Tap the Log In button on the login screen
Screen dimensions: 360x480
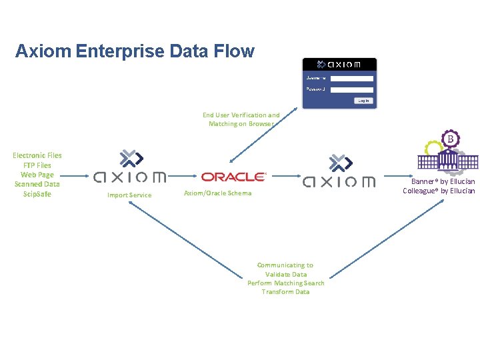click(363, 101)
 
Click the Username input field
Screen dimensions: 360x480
click(352, 78)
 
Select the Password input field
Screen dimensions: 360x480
click(352, 89)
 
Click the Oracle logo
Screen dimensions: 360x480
click(233, 177)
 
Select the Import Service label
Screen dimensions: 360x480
click(129, 195)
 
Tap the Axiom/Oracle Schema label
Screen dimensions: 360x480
click(217, 193)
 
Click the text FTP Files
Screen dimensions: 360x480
click(37, 165)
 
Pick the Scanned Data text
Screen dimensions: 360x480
click(37, 184)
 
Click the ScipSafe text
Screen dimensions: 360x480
click(37, 194)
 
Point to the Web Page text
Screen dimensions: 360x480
click(37, 175)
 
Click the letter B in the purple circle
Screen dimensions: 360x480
click(451, 139)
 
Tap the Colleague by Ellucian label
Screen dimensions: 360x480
click(439, 191)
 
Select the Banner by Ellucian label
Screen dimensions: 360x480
click(443, 181)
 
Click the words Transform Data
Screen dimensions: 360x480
click(285, 292)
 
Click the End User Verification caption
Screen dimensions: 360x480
click(241, 119)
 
